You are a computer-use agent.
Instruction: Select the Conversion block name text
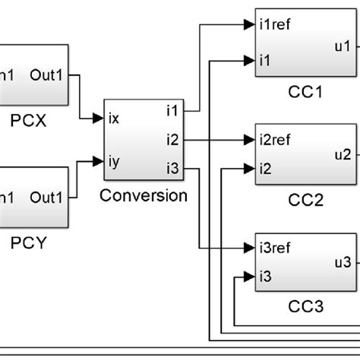(x=144, y=195)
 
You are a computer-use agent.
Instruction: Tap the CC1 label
(x=306, y=92)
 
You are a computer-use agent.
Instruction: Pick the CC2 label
(x=306, y=200)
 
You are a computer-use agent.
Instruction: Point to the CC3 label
(x=306, y=307)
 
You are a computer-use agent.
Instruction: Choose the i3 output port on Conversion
(x=172, y=168)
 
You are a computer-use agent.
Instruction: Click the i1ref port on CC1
(x=274, y=24)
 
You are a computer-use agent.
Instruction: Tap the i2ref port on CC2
(x=274, y=140)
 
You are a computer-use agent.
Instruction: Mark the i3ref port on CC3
(x=274, y=248)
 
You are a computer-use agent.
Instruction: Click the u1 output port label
(x=343, y=46)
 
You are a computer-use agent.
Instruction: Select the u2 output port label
(x=343, y=154)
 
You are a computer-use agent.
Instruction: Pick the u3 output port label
(x=343, y=262)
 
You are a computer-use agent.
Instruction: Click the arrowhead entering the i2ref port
(x=249, y=140)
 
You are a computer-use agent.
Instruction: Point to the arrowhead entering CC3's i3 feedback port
(x=249, y=276)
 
